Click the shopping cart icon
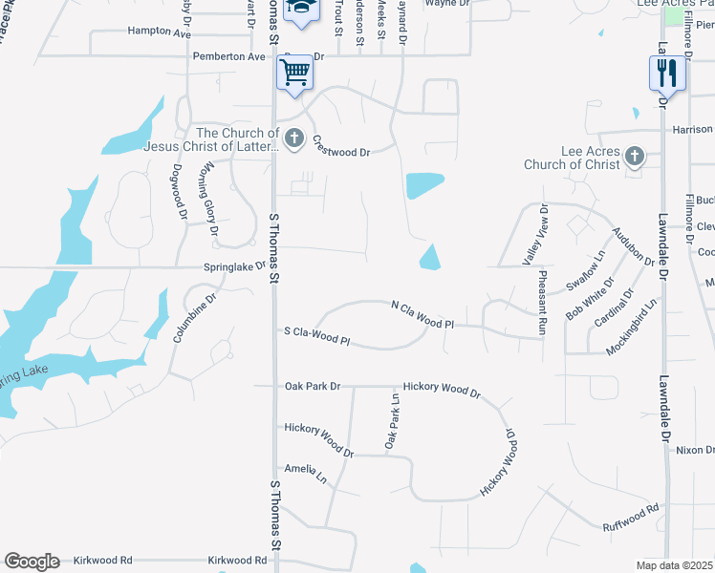point(295,72)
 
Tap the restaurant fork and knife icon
point(667,72)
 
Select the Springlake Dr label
point(234,267)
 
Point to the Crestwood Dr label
point(340,145)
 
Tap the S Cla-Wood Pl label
point(317,335)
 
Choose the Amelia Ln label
point(305,469)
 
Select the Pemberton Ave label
point(229,56)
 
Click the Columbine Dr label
point(190,317)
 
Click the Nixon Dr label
point(694,450)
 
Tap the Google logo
point(32,562)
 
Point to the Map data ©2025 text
point(674,564)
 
